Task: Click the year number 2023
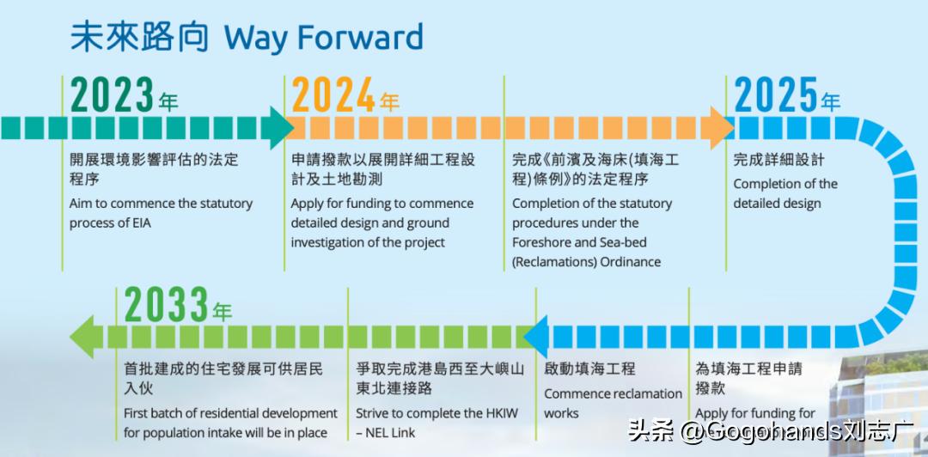point(113,96)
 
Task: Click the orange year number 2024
point(334,96)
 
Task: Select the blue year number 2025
point(776,96)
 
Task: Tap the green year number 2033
point(167,305)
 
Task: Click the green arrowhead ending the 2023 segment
point(278,128)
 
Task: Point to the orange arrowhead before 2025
point(720,128)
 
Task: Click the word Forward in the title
point(373,39)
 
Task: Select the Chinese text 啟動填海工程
point(589,369)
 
